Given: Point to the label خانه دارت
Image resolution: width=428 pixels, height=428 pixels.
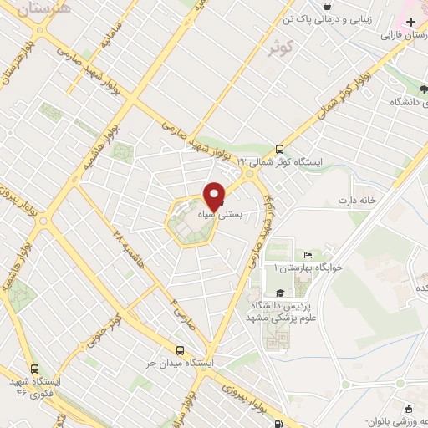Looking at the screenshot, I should (359, 201).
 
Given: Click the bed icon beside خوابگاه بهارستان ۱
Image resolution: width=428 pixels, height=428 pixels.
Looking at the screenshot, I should (308, 255).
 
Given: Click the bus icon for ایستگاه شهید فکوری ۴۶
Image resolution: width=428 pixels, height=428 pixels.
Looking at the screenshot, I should (34, 368).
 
